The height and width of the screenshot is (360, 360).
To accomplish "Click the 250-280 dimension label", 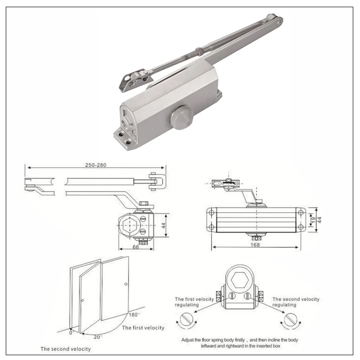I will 96,165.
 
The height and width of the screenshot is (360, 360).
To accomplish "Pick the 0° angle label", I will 72,332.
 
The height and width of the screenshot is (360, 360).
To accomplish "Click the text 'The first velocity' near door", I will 143,328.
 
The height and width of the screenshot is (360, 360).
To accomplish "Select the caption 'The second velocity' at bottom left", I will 65,349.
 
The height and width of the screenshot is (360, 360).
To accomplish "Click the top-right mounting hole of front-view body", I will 300,212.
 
